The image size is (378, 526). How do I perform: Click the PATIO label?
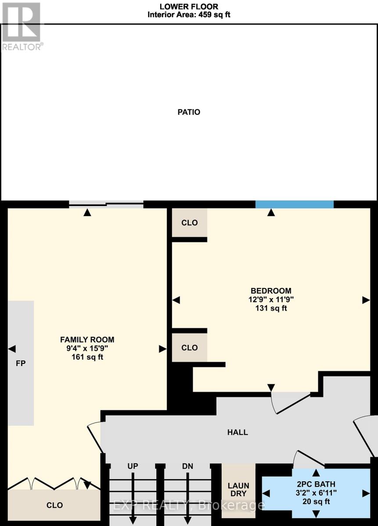coord(189,112)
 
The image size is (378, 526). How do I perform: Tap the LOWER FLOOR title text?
coord(188,6)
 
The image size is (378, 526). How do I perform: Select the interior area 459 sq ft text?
coord(189,14)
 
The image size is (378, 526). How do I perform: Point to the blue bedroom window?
coord(295,204)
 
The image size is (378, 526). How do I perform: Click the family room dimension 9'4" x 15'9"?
coord(87,348)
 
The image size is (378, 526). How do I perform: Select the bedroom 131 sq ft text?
coord(271,308)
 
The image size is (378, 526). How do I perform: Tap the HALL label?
coord(238,432)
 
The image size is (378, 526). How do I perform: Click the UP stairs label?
coord(133,466)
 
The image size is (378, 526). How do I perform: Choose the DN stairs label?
coord(187,466)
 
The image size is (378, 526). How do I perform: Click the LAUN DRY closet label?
coord(238,490)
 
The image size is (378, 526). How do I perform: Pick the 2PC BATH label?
coord(315,484)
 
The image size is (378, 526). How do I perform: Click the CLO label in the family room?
coord(54,505)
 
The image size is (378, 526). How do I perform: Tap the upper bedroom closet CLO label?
coord(190,223)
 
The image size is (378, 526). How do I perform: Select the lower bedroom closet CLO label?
coord(190,348)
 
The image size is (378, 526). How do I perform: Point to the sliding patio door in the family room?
coord(106,203)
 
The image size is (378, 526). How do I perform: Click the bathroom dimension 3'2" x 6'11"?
coord(315,493)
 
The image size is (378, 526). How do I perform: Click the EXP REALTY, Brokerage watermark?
coord(189,505)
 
